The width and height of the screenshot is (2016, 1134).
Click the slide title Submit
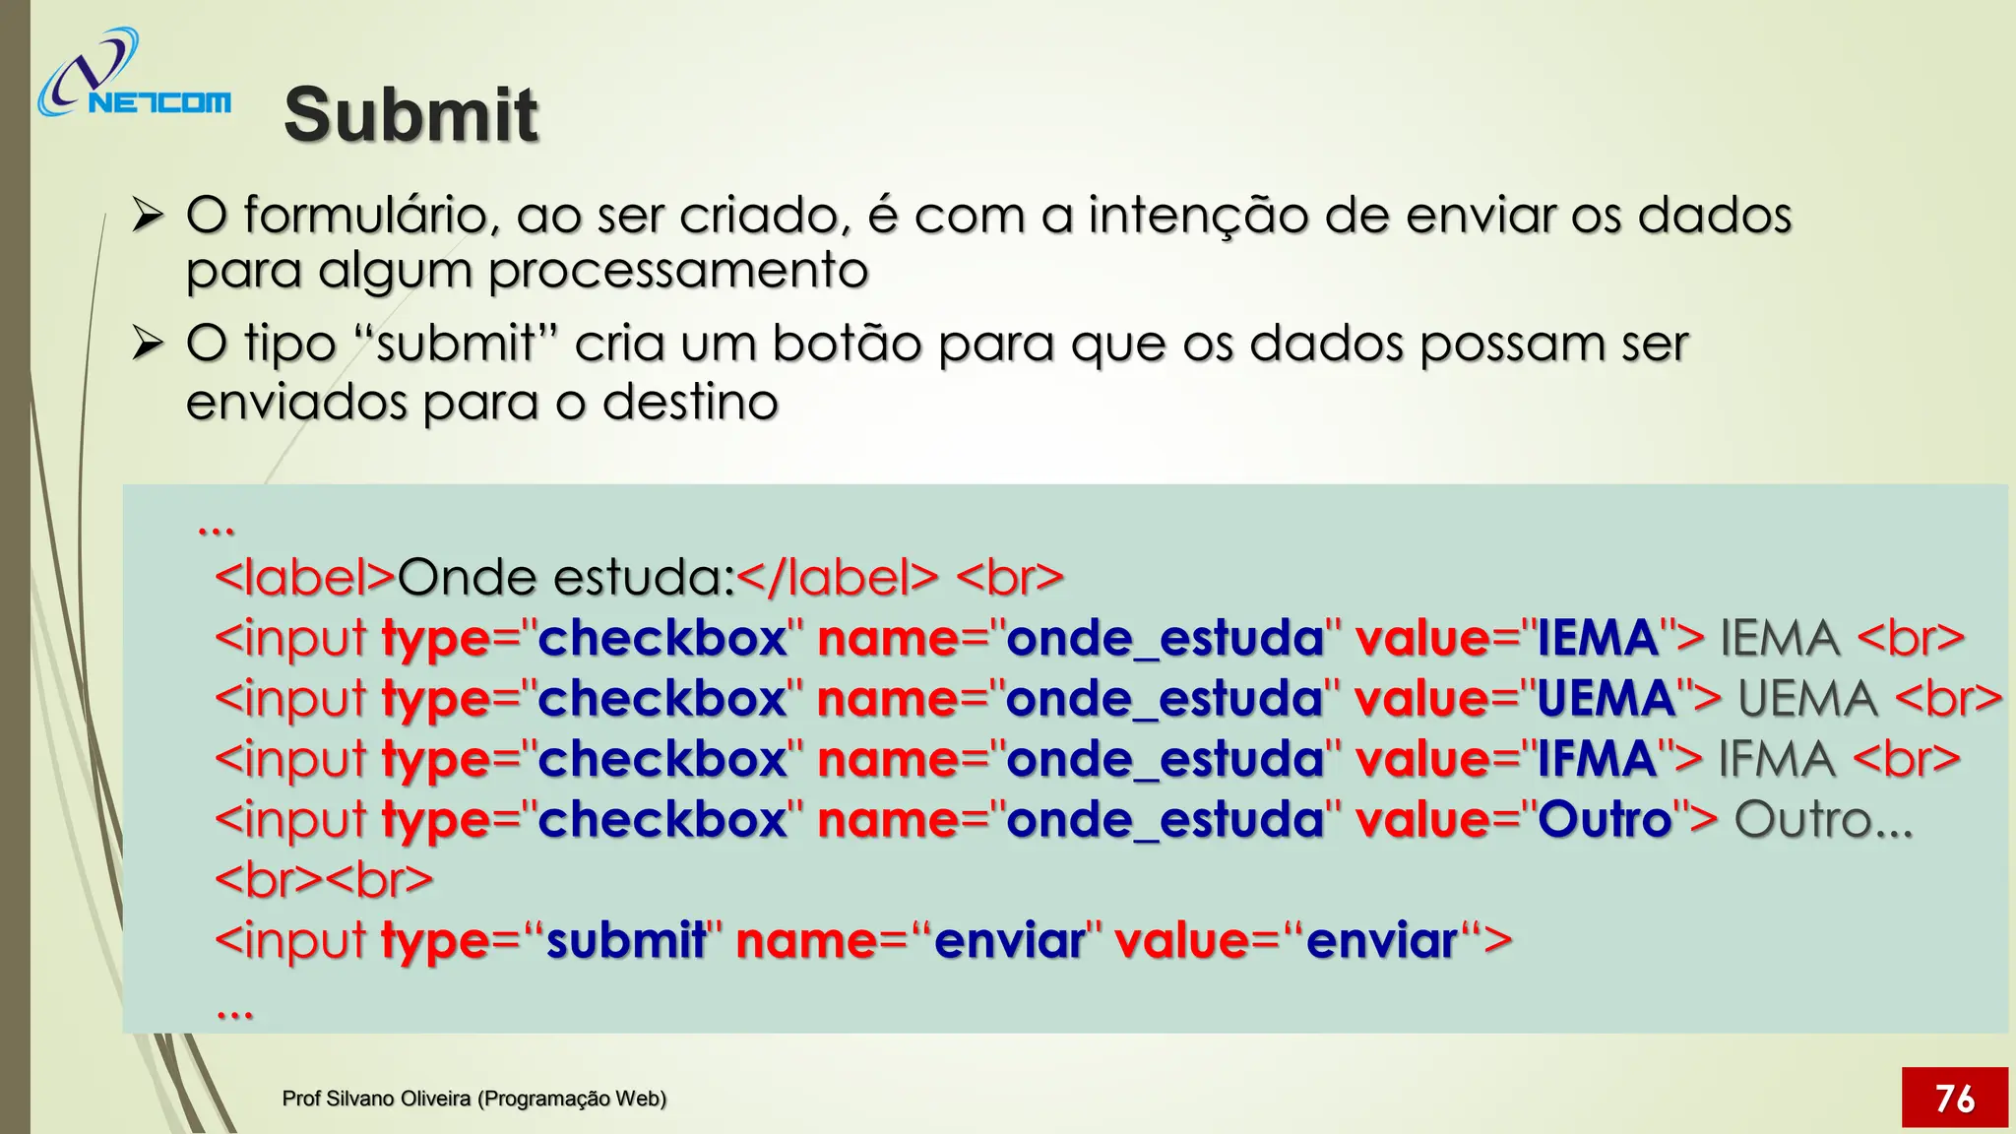coord(410,114)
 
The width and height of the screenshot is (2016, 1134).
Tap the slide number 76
coord(1954,1098)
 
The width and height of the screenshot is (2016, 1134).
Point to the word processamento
coord(678,270)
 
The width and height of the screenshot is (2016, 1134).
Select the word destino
coord(690,402)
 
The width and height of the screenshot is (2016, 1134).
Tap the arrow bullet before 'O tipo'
coord(148,344)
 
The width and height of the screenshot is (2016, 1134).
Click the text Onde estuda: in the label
coord(566,577)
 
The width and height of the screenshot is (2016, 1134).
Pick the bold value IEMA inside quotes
coord(1598,638)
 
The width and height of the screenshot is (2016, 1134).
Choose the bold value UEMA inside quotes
coord(1606,699)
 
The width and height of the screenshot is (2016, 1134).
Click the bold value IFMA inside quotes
coord(1597,759)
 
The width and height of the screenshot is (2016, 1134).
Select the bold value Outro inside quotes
coord(1605,819)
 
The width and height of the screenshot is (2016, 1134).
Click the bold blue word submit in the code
coord(626,940)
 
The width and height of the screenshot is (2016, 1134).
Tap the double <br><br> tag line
coord(324,879)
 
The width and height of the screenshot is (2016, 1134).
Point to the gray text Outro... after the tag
coord(1823,819)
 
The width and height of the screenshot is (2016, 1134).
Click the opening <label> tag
coord(305,577)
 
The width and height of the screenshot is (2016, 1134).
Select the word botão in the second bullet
coord(846,344)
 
